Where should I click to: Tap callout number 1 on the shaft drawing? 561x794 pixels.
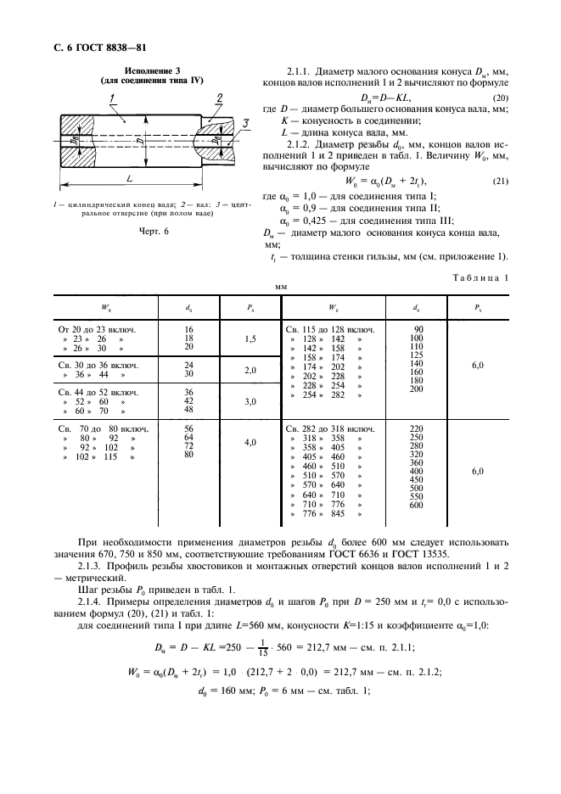[112, 100]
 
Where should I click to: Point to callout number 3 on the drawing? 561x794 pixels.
[246, 125]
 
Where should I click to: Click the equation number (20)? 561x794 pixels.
[500, 100]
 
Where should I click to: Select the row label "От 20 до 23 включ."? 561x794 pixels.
[98, 327]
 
